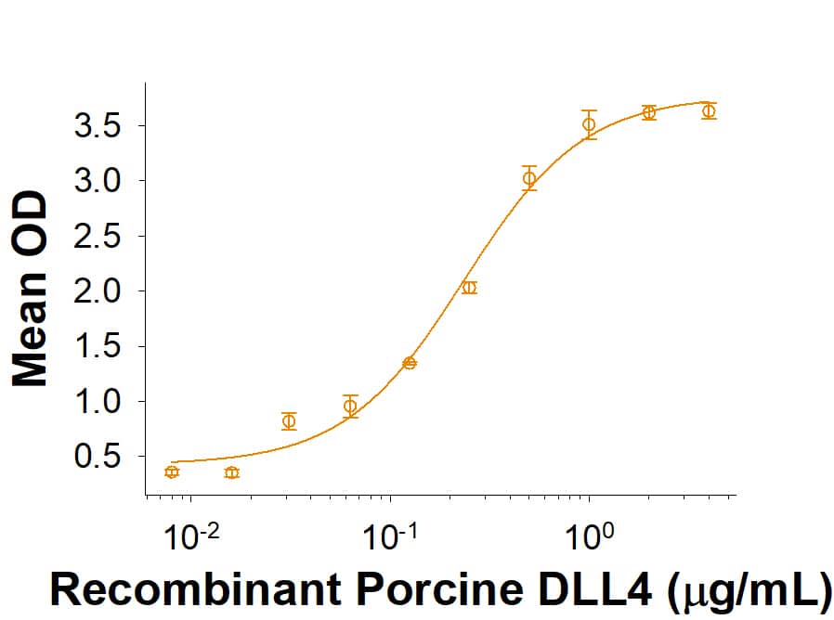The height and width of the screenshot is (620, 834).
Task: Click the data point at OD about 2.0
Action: pos(469,288)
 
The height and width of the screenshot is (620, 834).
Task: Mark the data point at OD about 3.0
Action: pos(529,178)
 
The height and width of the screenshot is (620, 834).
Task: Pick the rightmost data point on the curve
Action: pos(709,111)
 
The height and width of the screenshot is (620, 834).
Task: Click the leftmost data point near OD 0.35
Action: pos(171,472)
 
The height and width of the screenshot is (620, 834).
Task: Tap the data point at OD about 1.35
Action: pos(410,363)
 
